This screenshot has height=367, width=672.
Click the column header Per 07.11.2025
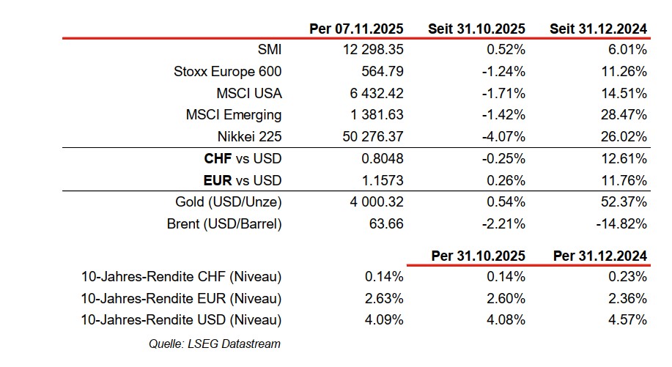(x=356, y=29)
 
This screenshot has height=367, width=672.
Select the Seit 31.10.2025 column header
(x=476, y=29)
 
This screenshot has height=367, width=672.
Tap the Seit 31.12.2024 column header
(x=598, y=29)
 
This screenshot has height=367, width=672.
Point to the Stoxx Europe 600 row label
(x=228, y=72)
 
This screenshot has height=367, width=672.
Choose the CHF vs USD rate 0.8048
(x=383, y=159)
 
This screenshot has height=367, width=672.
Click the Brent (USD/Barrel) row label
(x=224, y=224)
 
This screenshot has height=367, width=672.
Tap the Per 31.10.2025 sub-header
(x=478, y=256)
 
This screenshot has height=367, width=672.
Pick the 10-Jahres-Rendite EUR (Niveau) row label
(x=182, y=299)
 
